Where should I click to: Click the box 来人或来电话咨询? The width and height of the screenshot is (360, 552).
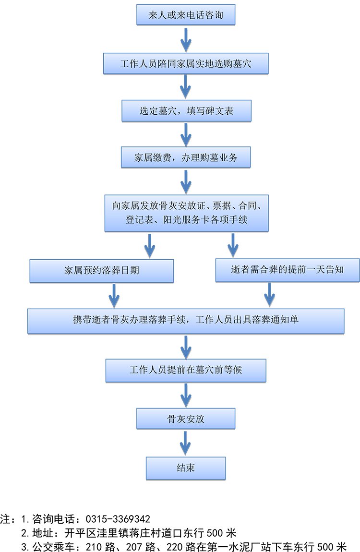click(x=186, y=16)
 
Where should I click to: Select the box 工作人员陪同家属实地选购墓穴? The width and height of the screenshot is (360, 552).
click(x=186, y=63)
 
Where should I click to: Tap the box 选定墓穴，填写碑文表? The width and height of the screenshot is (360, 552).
click(x=186, y=111)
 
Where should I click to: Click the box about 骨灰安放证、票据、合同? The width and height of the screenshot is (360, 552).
click(x=186, y=213)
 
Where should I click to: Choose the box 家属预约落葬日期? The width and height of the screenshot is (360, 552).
click(x=102, y=271)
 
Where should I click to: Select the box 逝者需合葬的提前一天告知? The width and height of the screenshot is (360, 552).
click(x=288, y=270)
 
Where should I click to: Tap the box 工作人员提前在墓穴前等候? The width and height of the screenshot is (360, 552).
click(x=186, y=371)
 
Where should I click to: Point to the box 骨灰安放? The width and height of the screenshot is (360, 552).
click(x=186, y=419)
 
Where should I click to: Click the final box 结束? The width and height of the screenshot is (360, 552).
click(x=186, y=468)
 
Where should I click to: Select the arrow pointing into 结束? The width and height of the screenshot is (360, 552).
click(x=186, y=442)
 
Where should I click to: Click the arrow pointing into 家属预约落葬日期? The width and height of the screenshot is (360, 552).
click(x=150, y=246)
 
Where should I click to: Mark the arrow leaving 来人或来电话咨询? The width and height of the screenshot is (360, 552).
click(x=186, y=39)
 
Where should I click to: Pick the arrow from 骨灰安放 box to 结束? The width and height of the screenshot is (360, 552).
click(x=186, y=442)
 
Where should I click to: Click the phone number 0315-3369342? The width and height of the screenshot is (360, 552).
click(x=118, y=519)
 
